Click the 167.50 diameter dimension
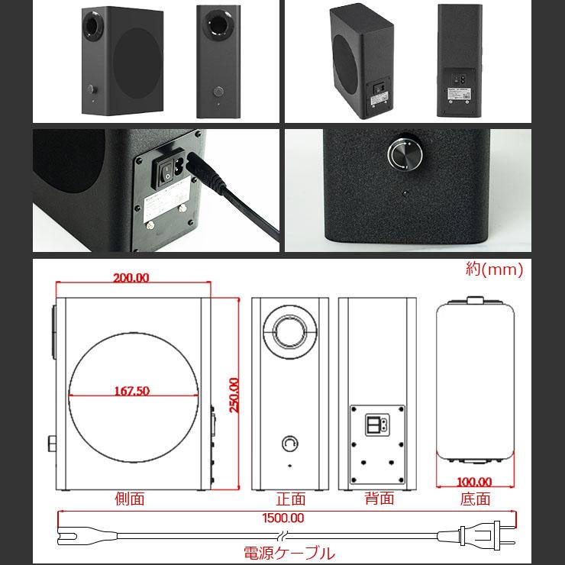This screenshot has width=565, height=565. point(131,390)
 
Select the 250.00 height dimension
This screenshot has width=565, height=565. point(234,395)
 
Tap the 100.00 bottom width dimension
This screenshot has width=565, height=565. point(474,481)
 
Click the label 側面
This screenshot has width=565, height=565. point(129,499)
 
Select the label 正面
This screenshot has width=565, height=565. point(290,499)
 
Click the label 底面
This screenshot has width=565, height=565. point(475,499)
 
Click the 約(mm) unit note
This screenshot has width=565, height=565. point(494,269)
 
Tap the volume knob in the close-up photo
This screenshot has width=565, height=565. point(405,153)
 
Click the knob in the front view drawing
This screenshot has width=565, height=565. point(290,443)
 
